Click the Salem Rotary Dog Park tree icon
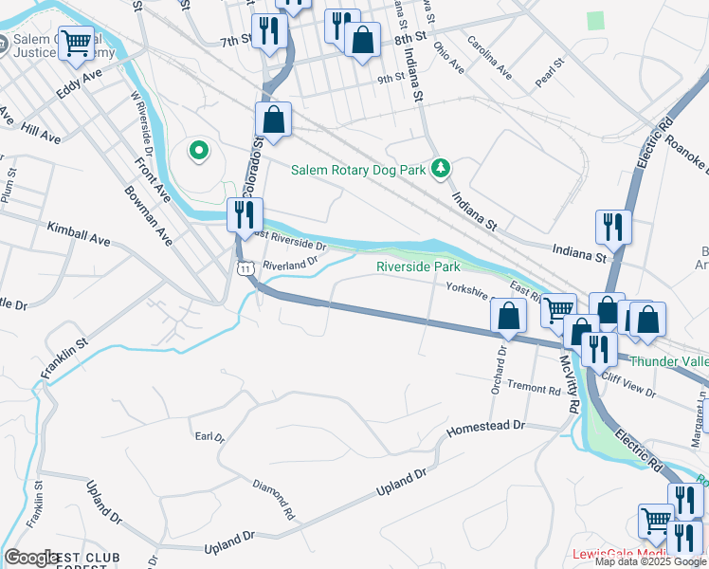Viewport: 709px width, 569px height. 440,169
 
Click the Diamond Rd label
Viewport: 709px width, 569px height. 274,499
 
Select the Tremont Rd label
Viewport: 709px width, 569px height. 534,389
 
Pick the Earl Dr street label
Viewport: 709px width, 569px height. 209,437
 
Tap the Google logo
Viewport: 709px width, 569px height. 31,558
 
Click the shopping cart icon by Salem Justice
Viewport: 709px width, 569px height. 76,42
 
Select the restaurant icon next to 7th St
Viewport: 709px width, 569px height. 269,31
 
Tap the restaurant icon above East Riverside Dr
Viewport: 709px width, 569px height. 245,214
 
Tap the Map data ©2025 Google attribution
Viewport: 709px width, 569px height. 650,561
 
